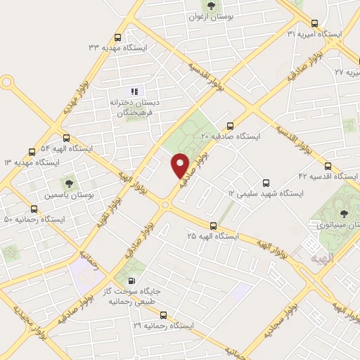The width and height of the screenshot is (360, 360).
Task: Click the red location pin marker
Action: click(x=181, y=165)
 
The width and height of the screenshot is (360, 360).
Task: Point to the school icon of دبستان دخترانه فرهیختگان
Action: click(x=133, y=91)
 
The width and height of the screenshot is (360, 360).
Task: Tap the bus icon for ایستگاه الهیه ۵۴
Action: click(x=66, y=138)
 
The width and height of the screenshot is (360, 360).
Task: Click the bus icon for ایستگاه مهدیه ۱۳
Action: click(x=32, y=152)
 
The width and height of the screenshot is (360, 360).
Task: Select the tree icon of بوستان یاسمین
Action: click(x=68, y=184)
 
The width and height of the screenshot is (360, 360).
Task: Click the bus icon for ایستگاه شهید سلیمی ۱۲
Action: click(x=266, y=182)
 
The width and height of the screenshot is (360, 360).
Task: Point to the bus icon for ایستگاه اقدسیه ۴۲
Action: click(x=354, y=176)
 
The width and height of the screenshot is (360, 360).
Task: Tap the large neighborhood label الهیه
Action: click(x=316, y=258)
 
